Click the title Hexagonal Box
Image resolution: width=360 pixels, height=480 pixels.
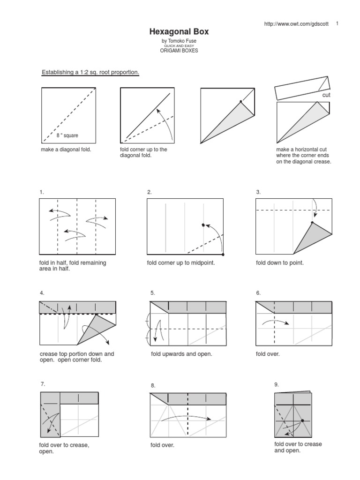[179, 32]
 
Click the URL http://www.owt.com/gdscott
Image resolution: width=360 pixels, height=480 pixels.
[297, 24]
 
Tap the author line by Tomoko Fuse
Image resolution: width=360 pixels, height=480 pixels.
[179, 41]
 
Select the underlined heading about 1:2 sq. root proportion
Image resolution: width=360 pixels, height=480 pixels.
[90, 72]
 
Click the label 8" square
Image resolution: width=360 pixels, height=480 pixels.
[67, 135]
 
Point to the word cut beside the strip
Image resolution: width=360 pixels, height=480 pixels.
[326, 95]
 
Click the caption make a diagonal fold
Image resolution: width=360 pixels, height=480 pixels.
[66, 150]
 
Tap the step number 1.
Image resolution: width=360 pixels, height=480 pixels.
[42, 192]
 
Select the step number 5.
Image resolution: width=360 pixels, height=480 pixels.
[152, 293]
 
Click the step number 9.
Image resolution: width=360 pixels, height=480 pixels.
[277, 384]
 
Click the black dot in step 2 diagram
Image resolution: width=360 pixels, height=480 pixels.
[203, 225]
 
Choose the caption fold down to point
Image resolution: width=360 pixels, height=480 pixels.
[280, 263]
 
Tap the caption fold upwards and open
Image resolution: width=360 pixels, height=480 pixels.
[181, 354]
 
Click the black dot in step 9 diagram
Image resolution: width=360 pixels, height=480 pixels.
[302, 420]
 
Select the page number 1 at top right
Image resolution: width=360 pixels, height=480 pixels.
[337, 23]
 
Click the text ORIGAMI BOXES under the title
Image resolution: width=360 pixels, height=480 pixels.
[179, 51]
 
